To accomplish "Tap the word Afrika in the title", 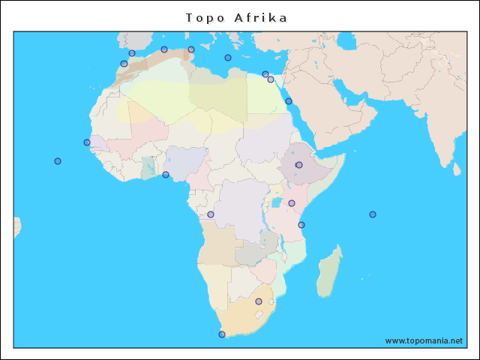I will point(260,17).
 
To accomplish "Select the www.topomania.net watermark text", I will point(424,340).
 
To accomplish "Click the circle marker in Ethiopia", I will point(298,165).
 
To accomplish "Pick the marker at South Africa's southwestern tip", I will point(221,334).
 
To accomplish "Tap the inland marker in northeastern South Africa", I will point(259,301).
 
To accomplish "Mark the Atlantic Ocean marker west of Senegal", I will point(58,161).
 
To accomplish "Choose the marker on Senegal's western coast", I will point(87,142).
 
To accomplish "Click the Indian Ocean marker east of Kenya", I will point(373,214).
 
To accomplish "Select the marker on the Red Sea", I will point(289,101).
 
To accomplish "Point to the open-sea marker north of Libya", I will point(228,58).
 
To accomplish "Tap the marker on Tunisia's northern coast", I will point(191,50).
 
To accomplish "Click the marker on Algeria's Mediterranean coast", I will point(164,49).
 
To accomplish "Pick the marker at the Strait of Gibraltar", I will point(132,53).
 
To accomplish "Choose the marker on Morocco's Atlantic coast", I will point(124,64).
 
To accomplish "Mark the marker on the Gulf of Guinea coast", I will point(166,175).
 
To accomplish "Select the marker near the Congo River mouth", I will point(211,214).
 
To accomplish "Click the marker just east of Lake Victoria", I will point(292,203).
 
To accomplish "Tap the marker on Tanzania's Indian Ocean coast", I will point(301,225).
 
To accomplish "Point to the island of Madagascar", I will point(329,274).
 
